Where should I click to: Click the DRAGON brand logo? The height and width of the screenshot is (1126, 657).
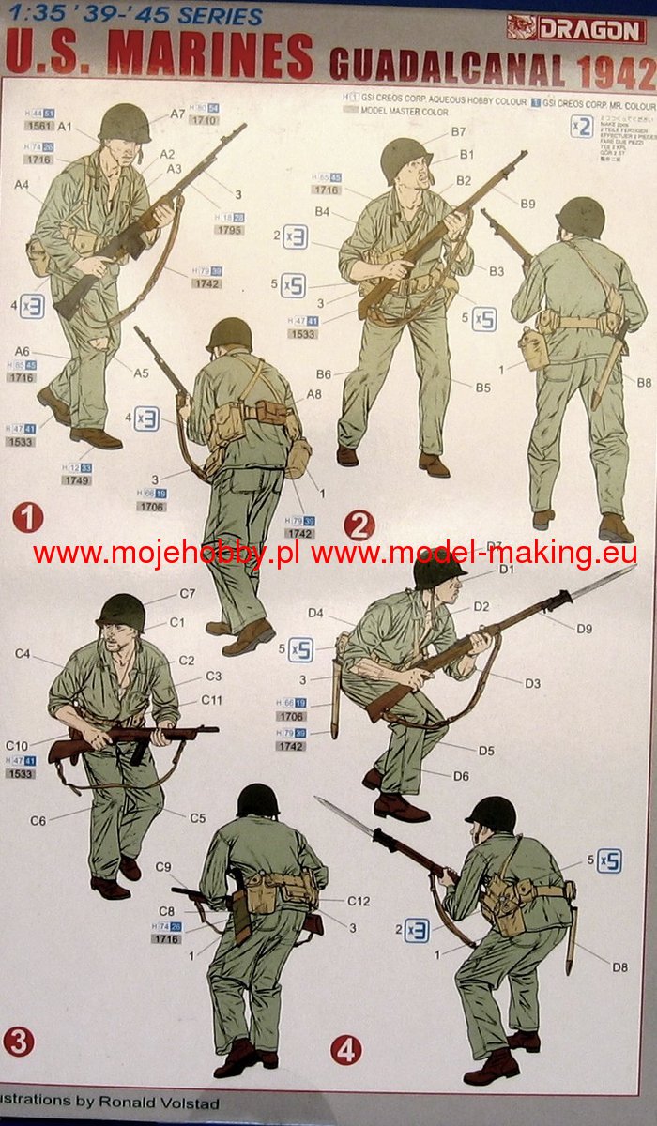pyautogui.click(x=576, y=29)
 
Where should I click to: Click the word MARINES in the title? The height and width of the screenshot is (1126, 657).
pyautogui.click(x=210, y=55)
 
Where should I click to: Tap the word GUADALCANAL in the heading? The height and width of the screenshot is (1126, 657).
pyautogui.click(x=447, y=70)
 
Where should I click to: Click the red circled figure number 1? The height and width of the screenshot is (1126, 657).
pyautogui.click(x=28, y=517)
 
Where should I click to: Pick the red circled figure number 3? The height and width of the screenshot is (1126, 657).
pyautogui.click(x=19, y=1042)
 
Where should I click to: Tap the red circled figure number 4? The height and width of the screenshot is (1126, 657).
pyautogui.click(x=345, y=1050)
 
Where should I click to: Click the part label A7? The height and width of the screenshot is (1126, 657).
pyautogui.click(x=177, y=114)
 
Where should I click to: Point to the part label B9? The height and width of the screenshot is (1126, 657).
pyautogui.click(x=527, y=204)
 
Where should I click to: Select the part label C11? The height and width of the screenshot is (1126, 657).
pyautogui.click(x=211, y=700)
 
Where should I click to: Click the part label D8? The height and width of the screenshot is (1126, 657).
pyautogui.click(x=619, y=966)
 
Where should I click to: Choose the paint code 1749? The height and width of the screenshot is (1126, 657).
pyautogui.click(x=77, y=480)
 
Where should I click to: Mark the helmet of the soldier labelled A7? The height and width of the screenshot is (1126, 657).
pyautogui.click(x=124, y=122)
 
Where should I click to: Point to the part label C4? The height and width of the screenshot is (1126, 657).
pyautogui.click(x=23, y=653)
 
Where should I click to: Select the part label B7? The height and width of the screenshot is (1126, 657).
pyautogui.click(x=458, y=132)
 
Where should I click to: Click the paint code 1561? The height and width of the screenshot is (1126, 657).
pyautogui.click(x=38, y=125)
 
